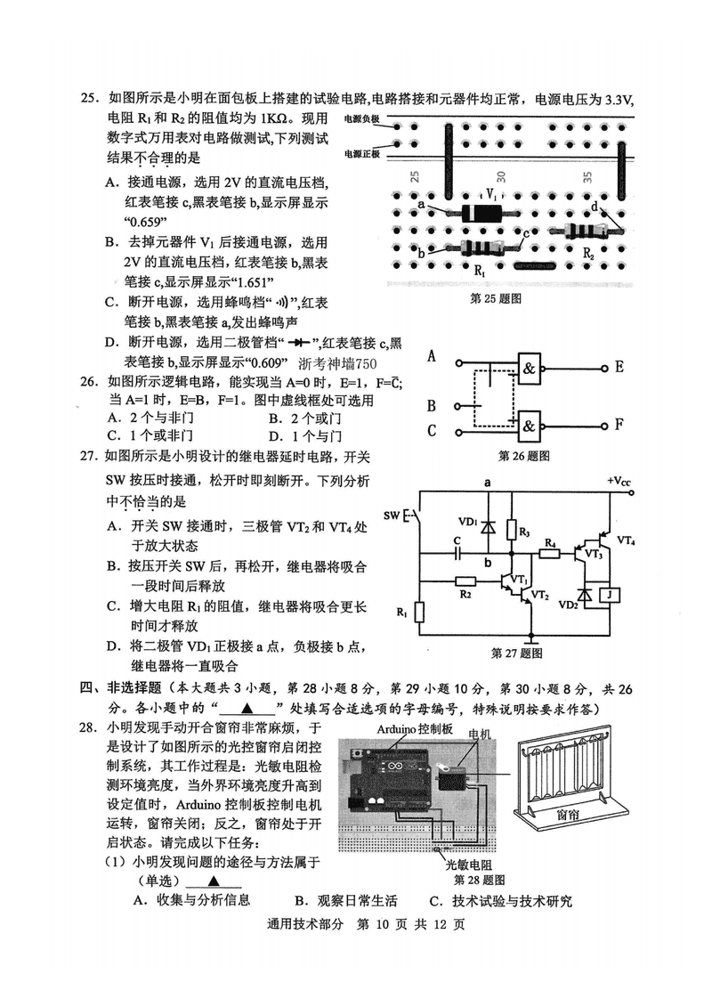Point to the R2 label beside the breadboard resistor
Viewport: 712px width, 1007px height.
click(588, 254)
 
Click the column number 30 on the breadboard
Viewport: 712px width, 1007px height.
click(501, 177)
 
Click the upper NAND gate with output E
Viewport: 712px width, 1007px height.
click(533, 366)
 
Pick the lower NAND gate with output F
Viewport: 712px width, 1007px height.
click(533, 425)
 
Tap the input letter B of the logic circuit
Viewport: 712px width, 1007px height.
click(432, 407)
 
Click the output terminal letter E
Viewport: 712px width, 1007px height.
click(619, 366)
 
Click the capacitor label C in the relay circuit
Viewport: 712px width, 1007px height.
click(457, 540)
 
